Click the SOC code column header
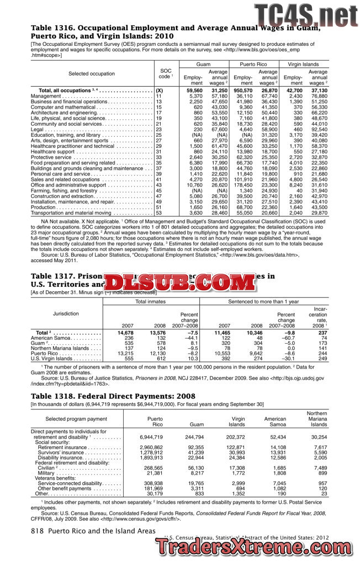(x=166, y=74)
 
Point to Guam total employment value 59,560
(x=194, y=90)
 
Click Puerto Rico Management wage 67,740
(x=269, y=96)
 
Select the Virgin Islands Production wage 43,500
(x=319, y=206)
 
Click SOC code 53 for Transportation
(x=159, y=212)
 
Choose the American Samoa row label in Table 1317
(x=54, y=338)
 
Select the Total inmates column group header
(x=151, y=302)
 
